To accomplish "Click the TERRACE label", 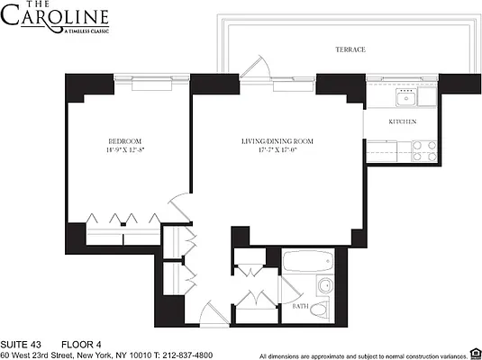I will click(350, 49).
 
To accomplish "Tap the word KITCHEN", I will click(402, 121).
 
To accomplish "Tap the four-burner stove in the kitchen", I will click(423, 150).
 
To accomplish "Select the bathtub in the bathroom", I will click(306, 265).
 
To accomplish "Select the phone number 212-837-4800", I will click(184, 355).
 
